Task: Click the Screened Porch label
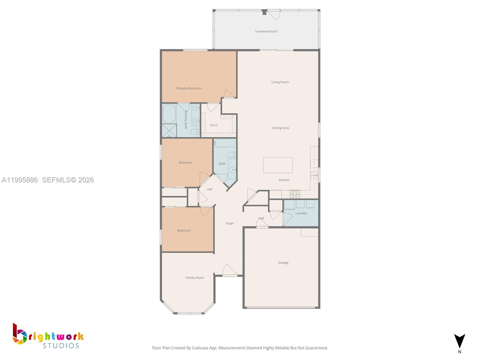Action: (x=266, y=31)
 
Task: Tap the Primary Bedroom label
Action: (x=188, y=88)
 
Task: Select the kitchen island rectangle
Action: (x=278, y=165)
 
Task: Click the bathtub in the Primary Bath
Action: (x=169, y=114)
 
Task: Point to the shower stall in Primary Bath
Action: (x=169, y=131)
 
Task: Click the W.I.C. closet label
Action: (x=214, y=125)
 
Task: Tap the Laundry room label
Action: (x=301, y=213)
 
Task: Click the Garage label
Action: (x=283, y=262)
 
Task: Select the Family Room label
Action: (x=195, y=277)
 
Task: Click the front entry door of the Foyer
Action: (x=230, y=271)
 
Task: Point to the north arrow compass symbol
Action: (x=459, y=342)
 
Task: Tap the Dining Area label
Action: (x=280, y=128)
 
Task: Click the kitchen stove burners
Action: (x=294, y=194)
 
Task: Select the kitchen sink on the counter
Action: (x=313, y=175)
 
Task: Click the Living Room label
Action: (x=280, y=82)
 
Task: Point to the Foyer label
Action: (x=229, y=223)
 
